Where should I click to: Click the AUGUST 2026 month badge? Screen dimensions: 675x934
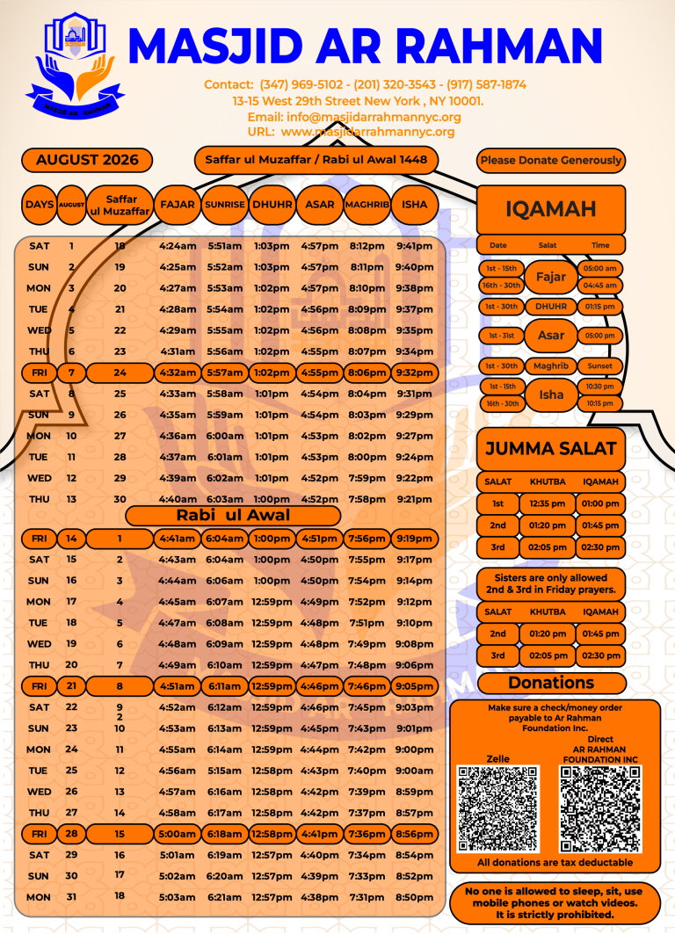coord(87,160)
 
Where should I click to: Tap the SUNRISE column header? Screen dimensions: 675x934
coord(225,205)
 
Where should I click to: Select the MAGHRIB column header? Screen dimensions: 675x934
coord(367,205)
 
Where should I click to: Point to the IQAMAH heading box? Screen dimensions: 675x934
coord(551,209)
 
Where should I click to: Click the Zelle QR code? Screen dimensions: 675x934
coord(498,809)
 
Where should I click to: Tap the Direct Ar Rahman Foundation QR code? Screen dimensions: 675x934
coord(600,809)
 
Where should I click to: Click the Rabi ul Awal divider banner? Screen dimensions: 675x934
coord(233,515)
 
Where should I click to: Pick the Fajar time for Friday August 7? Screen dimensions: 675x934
coord(177,373)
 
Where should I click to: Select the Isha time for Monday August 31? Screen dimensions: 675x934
coord(414,897)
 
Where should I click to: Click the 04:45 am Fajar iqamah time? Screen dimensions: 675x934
coord(600,286)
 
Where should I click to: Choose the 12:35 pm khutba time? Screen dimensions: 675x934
coord(548,504)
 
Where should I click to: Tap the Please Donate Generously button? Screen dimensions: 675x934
coord(551,160)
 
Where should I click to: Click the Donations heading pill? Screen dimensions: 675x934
coord(552,683)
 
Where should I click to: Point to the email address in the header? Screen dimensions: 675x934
coord(354,118)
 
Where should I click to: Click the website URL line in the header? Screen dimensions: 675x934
coord(351,132)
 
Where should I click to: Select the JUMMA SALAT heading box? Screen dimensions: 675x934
coord(551,448)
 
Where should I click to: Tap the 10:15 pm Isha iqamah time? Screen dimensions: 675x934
coord(600,403)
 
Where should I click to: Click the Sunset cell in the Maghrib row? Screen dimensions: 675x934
coord(600,366)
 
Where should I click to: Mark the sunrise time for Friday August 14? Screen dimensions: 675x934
coord(225,539)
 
